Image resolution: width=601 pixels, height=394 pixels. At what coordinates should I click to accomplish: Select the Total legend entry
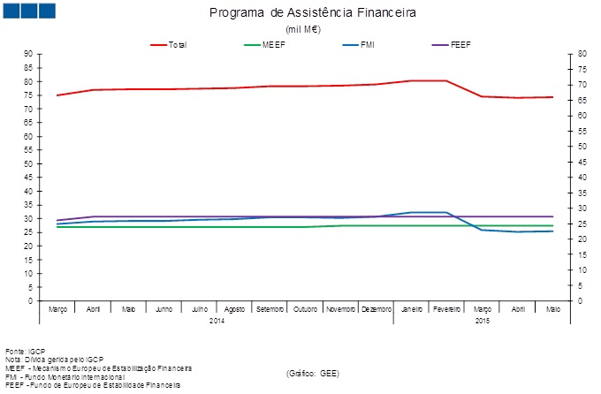click(177, 44)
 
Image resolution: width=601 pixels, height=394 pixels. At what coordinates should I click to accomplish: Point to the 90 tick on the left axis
click(28, 54)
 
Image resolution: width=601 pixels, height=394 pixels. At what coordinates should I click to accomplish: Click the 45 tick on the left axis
click(28, 178)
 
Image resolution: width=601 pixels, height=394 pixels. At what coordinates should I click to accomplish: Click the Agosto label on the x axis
click(234, 309)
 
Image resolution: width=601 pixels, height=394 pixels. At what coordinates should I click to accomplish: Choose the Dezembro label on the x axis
click(375, 309)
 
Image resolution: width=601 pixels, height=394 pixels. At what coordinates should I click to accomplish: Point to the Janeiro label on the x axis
click(410, 309)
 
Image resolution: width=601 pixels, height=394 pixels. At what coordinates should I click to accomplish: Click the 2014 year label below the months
click(217, 320)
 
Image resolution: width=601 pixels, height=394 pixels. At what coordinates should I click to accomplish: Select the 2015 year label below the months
click(482, 320)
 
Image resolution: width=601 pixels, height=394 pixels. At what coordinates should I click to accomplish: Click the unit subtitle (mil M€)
click(302, 29)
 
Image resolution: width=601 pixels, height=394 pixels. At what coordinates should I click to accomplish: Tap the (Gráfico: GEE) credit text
click(313, 374)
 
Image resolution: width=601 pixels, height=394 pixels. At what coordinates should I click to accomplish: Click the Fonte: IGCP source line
click(26, 350)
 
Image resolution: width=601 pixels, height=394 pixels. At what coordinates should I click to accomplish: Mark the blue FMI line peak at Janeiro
click(410, 212)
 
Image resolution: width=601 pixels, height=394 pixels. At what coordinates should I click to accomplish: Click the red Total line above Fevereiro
click(445, 80)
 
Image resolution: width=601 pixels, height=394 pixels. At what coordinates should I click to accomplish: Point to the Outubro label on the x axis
click(304, 309)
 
